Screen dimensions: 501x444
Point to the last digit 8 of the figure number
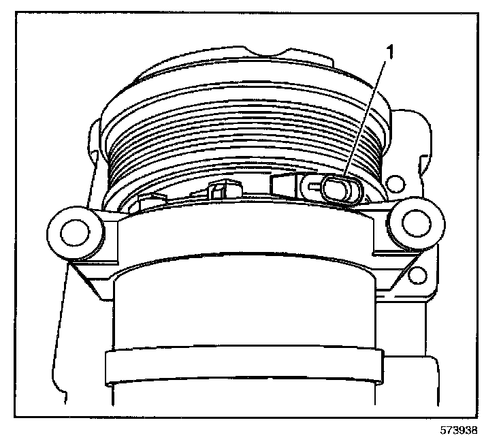(x=485, y=430)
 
